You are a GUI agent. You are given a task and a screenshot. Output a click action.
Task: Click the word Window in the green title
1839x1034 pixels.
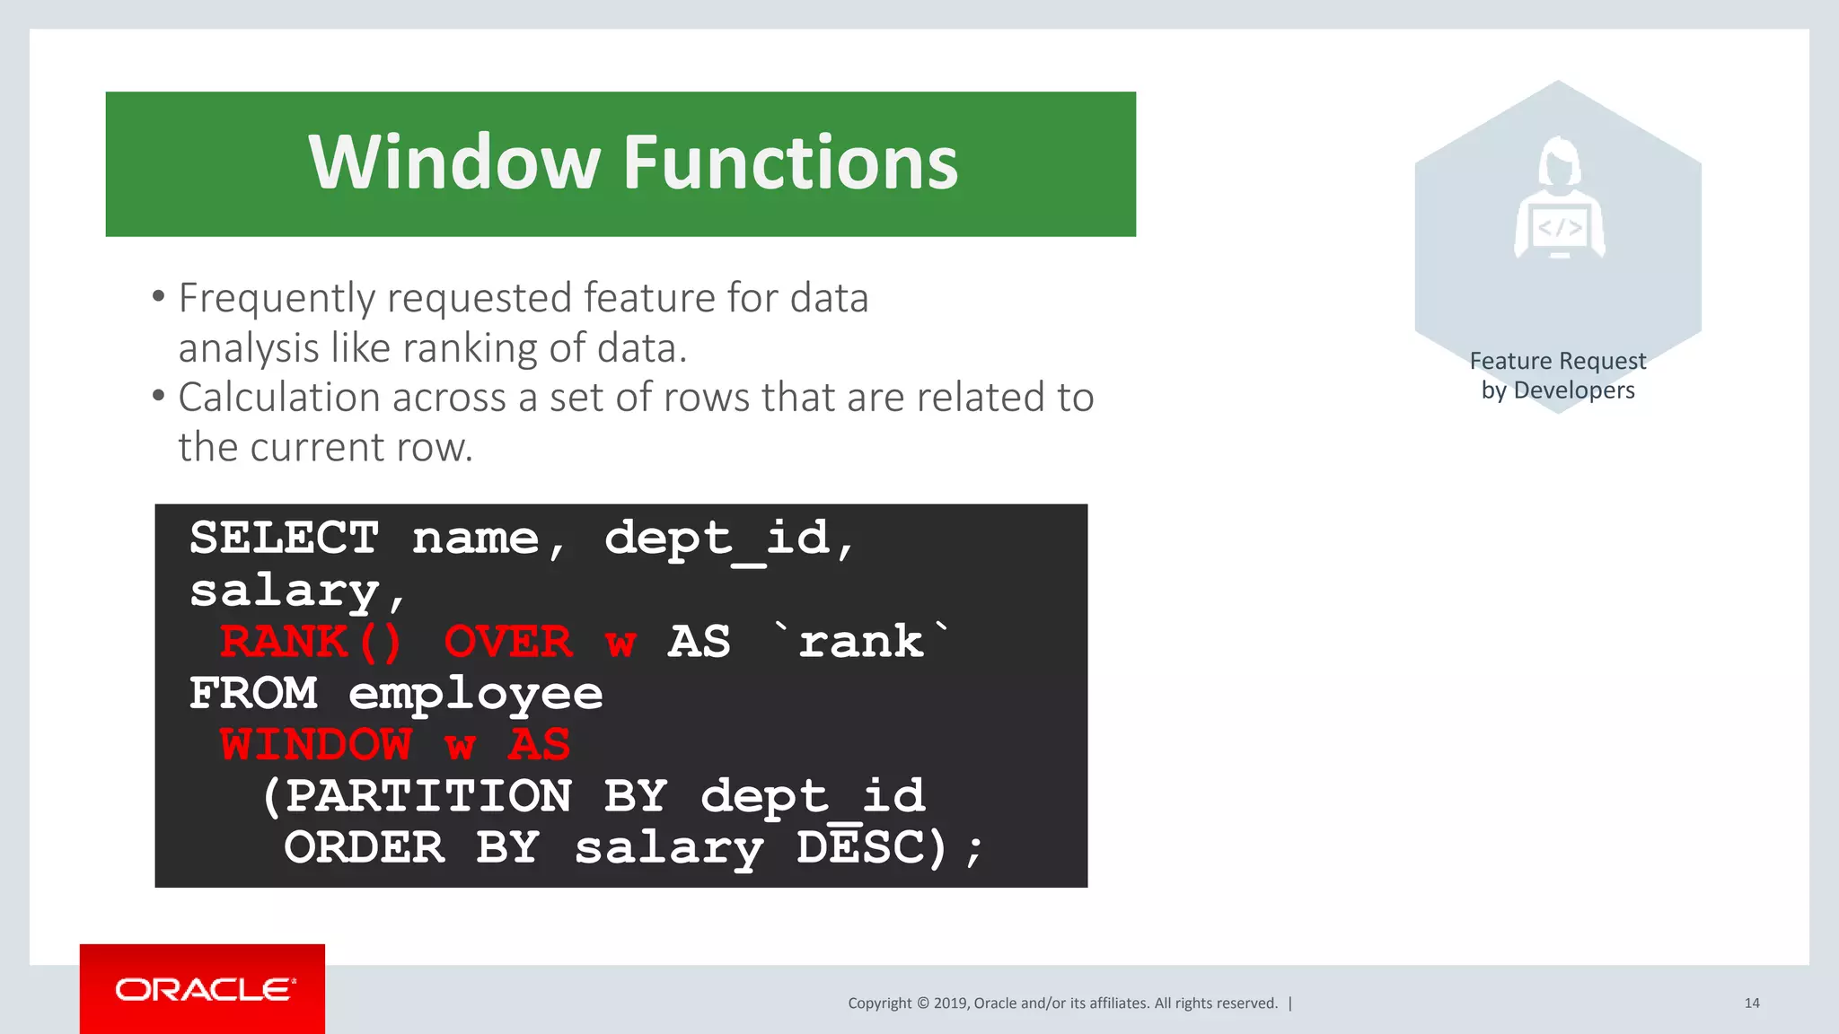453,162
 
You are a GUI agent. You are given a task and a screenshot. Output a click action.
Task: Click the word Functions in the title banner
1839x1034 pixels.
790,162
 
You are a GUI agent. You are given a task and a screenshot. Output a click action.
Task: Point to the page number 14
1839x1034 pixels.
1751,1003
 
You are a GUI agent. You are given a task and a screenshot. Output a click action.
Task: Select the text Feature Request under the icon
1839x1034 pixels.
1557,361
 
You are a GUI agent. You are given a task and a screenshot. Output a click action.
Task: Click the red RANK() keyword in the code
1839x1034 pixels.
311,642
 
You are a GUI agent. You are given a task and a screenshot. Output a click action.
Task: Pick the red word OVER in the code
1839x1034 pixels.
507,642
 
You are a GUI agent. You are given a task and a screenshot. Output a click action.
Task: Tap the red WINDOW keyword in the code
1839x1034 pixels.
316,745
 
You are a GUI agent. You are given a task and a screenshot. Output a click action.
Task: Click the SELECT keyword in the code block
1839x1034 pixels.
284,539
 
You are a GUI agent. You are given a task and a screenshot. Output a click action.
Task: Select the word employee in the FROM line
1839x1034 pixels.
475,694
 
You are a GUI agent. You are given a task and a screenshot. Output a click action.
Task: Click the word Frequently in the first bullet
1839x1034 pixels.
276,299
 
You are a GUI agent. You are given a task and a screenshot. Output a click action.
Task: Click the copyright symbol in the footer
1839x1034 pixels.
922,1003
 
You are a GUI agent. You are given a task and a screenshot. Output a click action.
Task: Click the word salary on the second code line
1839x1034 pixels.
285,591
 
